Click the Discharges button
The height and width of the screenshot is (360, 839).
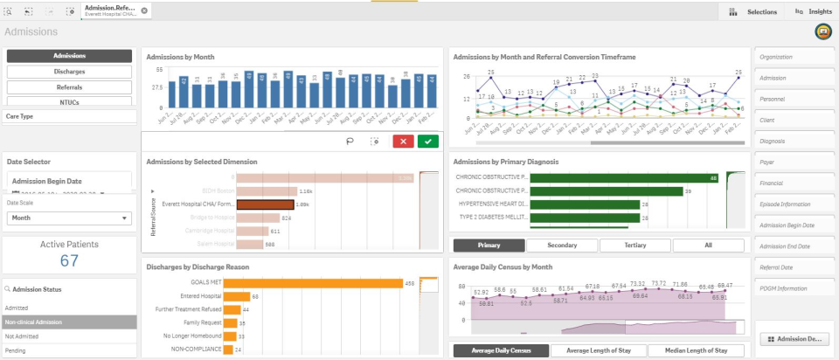pos(69,72)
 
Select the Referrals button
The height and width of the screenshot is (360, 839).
pos(69,87)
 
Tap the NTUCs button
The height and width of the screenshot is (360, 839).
pos(69,103)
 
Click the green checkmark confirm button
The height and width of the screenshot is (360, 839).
pos(427,142)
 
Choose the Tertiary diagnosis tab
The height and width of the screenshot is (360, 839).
pos(635,246)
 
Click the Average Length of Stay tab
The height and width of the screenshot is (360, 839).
pos(598,350)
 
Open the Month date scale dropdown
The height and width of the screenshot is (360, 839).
pos(69,218)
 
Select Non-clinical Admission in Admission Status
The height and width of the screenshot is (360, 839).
pos(69,322)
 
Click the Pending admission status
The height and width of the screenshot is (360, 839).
pos(69,350)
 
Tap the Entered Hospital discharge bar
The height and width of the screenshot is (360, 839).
pos(232,296)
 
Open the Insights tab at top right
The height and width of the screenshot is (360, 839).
pos(813,11)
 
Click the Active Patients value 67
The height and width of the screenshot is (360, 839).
pos(69,260)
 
